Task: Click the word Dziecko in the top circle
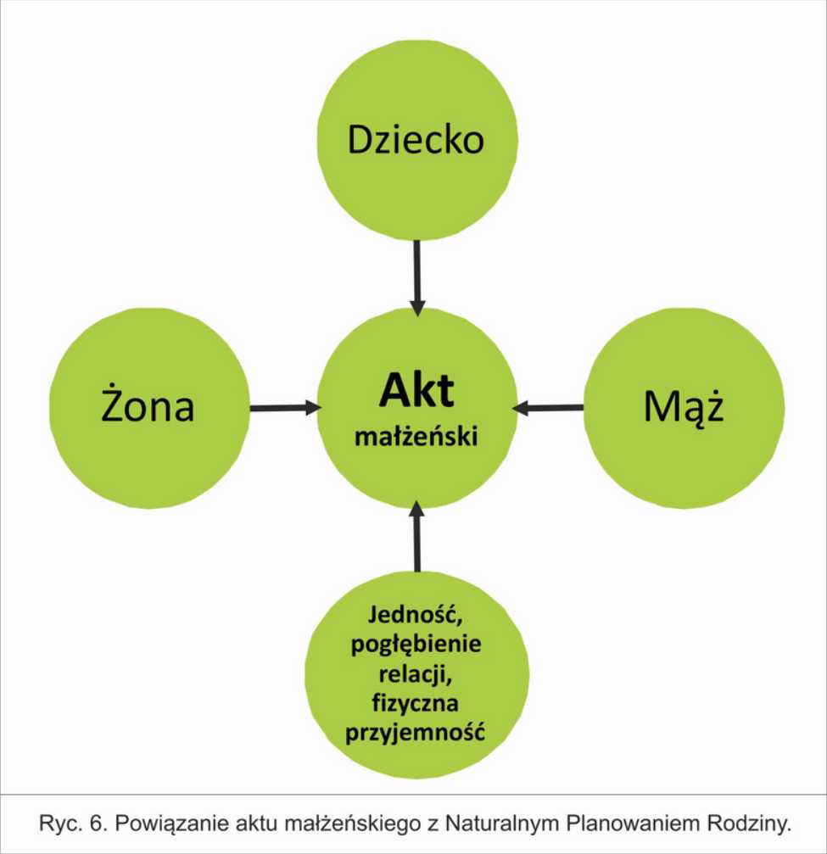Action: [x=416, y=139]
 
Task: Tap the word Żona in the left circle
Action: [x=148, y=405]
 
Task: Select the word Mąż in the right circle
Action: [x=684, y=406]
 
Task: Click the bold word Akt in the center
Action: [x=416, y=390]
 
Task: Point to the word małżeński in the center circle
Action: [x=416, y=437]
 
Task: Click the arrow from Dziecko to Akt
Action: [x=417, y=278]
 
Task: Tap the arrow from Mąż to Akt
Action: [x=548, y=407]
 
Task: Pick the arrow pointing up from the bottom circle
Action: [x=417, y=536]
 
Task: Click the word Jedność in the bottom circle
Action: [x=416, y=615]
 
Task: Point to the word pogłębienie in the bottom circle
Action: [x=416, y=645]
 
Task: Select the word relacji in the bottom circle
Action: [x=416, y=674]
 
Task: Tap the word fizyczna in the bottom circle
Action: [x=415, y=703]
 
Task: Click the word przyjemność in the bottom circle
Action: [x=415, y=732]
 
